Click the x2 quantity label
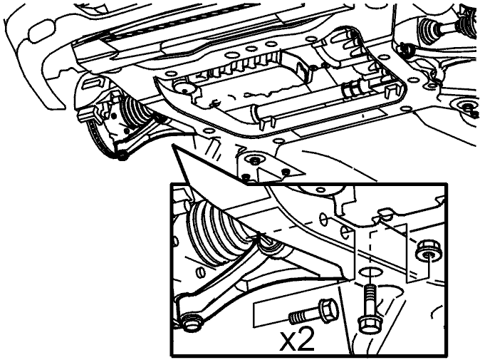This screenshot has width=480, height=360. (x=296, y=340)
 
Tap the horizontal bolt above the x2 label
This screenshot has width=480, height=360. (x=313, y=312)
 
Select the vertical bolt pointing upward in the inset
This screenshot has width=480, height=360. (x=370, y=309)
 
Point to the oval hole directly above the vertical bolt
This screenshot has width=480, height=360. (x=371, y=272)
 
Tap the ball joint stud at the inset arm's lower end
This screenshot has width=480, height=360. (x=192, y=323)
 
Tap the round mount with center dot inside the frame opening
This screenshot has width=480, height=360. (x=185, y=89)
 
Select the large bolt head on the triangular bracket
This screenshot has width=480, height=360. (x=255, y=160)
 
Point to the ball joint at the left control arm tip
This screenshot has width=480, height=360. (x=122, y=156)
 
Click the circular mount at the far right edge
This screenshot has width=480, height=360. (x=467, y=107)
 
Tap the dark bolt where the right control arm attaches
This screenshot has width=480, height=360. (x=407, y=49)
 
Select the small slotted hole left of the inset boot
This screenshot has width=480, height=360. (x=199, y=272)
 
